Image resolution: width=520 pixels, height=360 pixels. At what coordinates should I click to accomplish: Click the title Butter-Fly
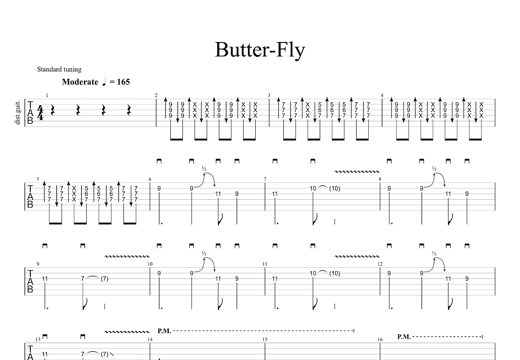[260, 50]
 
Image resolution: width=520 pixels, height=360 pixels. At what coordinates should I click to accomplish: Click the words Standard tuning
[59, 69]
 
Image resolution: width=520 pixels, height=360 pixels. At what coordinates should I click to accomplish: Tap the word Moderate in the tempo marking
[80, 82]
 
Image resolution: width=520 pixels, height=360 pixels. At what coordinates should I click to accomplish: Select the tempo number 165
[123, 82]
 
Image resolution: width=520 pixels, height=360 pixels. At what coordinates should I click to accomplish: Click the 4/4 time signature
[40, 113]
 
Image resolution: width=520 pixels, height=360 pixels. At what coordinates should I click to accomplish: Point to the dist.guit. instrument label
[18, 112]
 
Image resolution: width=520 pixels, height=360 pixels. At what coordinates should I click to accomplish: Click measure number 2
[156, 95]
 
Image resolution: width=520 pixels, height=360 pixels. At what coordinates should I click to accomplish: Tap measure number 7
[265, 179]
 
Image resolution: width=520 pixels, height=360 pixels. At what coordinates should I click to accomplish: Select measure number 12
[380, 264]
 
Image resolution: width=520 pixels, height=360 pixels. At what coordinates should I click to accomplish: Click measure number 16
[380, 340]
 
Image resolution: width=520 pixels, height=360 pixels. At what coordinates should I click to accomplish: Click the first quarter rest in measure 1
[53, 110]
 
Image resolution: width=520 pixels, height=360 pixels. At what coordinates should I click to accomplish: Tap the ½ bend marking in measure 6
[204, 169]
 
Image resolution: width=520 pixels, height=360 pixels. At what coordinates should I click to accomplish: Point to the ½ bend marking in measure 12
[434, 253]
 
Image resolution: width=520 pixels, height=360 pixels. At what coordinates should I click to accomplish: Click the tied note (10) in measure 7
[335, 188]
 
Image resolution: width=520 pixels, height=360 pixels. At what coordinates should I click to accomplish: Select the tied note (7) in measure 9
[104, 279]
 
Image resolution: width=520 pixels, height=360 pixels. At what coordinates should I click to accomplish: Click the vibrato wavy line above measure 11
[357, 256]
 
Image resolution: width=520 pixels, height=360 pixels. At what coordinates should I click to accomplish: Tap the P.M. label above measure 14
[164, 331]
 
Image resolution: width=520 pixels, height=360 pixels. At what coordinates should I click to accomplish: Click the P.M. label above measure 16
[404, 337]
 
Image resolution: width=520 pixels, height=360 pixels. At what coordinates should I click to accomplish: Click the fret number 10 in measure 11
[313, 273]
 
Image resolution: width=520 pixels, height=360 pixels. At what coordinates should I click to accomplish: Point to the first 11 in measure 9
[45, 279]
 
